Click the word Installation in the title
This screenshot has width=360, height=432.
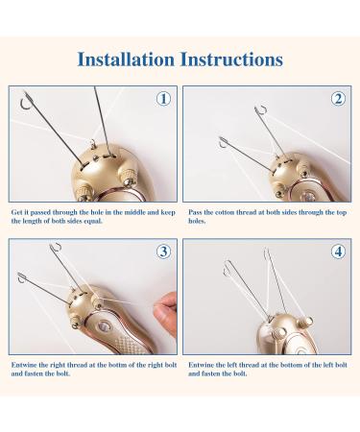[126, 60]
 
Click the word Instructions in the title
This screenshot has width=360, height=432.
[231, 60]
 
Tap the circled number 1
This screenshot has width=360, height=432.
[163, 99]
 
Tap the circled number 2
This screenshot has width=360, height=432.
[338, 99]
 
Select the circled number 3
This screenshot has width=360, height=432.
[163, 252]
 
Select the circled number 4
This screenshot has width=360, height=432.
[338, 252]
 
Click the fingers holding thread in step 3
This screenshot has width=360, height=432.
[166, 311]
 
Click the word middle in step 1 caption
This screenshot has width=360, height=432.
[134, 212]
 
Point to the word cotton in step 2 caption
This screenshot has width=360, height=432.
[225, 212]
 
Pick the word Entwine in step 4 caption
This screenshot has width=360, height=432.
[201, 365]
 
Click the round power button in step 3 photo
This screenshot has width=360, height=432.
[104, 326]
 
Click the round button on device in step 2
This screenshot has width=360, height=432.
[308, 195]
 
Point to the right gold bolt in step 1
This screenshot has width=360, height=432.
[129, 178]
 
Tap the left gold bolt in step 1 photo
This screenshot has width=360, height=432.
[84, 193]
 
